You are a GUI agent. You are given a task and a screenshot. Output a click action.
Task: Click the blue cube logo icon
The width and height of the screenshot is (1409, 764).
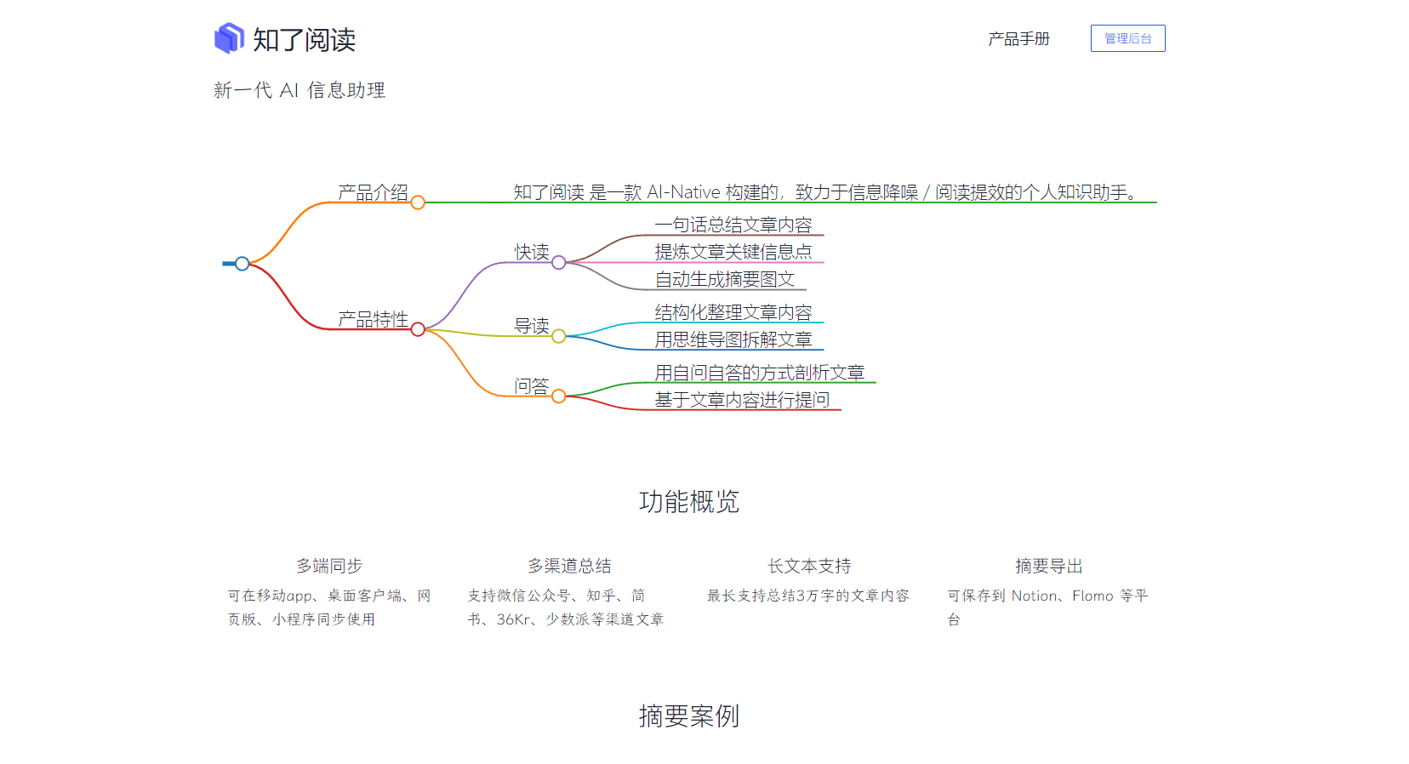click(229, 38)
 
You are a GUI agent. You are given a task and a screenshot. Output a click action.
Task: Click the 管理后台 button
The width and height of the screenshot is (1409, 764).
click(1127, 38)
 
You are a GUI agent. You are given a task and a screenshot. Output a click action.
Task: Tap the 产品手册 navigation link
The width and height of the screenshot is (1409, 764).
click(1018, 39)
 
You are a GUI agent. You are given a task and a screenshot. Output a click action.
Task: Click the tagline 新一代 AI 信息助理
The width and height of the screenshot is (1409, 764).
click(299, 90)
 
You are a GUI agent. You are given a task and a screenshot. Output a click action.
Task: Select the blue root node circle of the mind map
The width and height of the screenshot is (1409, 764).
click(242, 264)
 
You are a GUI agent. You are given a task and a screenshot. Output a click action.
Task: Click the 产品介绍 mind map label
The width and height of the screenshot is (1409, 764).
click(373, 192)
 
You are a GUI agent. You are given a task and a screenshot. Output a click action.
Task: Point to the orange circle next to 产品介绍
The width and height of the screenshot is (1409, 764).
click(418, 202)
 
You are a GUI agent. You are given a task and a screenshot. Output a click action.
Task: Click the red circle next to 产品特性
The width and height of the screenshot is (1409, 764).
click(418, 329)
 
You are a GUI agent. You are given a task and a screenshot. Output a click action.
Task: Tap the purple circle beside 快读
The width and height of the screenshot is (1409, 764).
click(559, 263)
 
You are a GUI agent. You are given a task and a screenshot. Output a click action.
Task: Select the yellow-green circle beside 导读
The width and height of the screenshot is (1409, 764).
click(559, 336)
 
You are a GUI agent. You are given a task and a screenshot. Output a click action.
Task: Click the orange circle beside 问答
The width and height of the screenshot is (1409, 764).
click(559, 396)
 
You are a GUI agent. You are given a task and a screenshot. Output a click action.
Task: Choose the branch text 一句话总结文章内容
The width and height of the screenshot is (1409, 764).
click(733, 225)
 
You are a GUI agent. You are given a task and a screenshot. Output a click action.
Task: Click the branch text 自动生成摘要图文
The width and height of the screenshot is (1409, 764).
click(725, 279)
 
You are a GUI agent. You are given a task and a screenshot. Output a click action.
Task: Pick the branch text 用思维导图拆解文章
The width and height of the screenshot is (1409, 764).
click(733, 339)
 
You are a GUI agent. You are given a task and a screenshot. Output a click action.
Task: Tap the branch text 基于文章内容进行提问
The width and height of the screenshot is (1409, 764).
click(742, 400)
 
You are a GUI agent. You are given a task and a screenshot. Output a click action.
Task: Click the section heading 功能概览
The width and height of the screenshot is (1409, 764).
click(689, 502)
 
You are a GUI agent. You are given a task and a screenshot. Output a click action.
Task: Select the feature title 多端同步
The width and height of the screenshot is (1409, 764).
click(329, 566)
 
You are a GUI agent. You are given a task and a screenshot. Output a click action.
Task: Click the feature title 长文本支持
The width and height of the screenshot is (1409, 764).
click(809, 566)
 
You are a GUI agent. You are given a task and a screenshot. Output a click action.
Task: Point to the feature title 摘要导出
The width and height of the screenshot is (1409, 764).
click(1049, 566)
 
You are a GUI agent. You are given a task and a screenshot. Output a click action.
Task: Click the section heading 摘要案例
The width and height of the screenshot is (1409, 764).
click(689, 716)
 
